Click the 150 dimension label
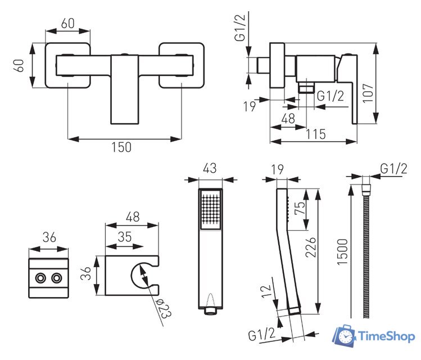pyautogui.click(x=121, y=147)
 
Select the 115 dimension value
pyautogui.click(x=317, y=134)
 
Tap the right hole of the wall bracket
pyautogui.click(x=56, y=278)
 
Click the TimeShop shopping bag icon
pyautogui.click(x=343, y=336)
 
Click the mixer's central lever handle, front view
pyautogui.click(x=124, y=90)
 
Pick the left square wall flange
pyautogui.click(x=68, y=65)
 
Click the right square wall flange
pyautogui.click(x=181, y=65)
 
